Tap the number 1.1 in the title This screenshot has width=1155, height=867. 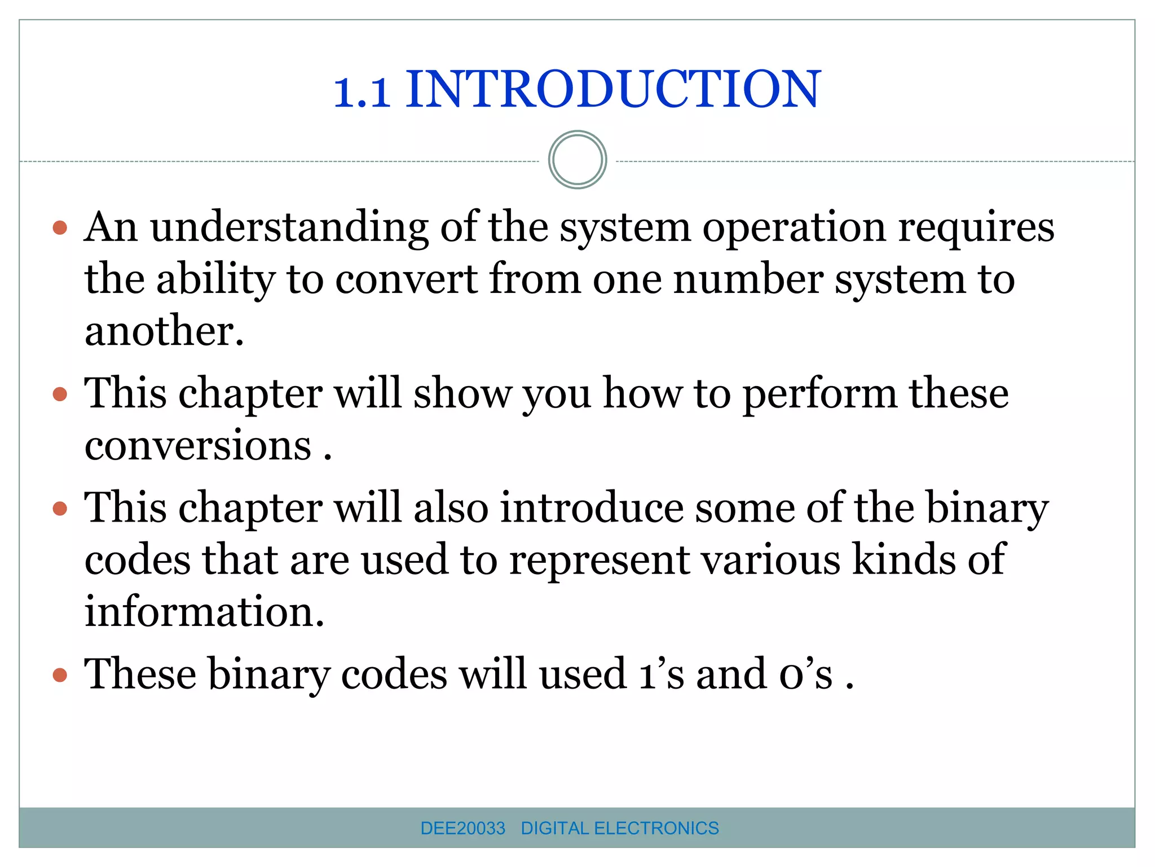(x=362, y=91)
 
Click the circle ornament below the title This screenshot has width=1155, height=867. (x=577, y=160)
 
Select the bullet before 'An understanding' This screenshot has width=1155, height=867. (x=60, y=228)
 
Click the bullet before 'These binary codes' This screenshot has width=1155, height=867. (x=60, y=675)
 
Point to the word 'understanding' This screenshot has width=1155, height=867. (x=289, y=228)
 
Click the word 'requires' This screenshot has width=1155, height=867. (x=976, y=228)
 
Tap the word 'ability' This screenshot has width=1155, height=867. (x=215, y=280)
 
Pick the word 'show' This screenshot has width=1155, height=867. (x=462, y=393)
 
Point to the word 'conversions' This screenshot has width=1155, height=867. (x=197, y=445)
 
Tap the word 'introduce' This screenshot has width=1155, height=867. (x=591, y=507)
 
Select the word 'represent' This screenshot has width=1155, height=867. (x=599, y=560)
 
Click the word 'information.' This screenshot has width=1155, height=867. (x=204, y=612)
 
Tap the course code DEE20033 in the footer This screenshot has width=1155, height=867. (x=462, y=828)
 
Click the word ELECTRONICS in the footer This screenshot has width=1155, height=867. (x=656, y=828)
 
